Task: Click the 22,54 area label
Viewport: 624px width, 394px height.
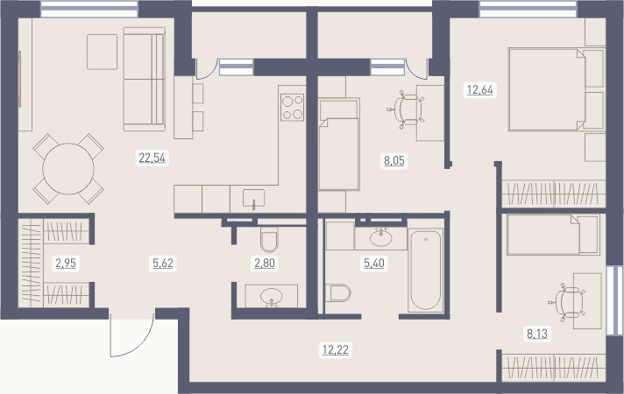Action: (x=152, y=158)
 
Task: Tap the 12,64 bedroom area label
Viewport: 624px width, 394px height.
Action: (x=480, y=90)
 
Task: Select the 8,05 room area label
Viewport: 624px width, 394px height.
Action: (x=394, y=160)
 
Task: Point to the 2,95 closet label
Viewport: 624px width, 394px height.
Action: (x=66, y=263)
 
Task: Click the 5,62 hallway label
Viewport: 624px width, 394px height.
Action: (x=163, y=263)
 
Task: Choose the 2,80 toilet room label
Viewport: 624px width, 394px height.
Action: (x=265, y=263)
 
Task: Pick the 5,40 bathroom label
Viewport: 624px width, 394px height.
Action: (x=374, y=263)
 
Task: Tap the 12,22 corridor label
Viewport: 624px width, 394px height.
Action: (x=336, y=350)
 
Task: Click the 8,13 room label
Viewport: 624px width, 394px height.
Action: (x=537, y=334)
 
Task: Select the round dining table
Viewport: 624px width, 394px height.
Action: (x=68, y=169)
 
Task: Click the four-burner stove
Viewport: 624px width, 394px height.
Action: (x=293, y=108)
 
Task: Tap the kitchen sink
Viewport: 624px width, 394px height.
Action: (x=253, y=199)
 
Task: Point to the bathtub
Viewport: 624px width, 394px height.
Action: (x=426, y=270)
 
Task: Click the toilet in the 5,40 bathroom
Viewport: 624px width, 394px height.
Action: (x=338, y=293)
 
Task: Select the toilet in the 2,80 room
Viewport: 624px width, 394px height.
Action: (x=269, y=240)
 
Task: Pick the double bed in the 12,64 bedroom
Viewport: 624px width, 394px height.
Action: (x=547, y=89)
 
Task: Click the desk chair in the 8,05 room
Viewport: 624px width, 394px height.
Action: (x=406, y=109)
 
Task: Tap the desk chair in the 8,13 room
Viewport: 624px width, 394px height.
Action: (x=569, y=303)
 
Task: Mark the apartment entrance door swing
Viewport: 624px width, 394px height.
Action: (x=131, y=334)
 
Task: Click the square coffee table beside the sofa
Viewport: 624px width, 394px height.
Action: (x=103, y=52)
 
